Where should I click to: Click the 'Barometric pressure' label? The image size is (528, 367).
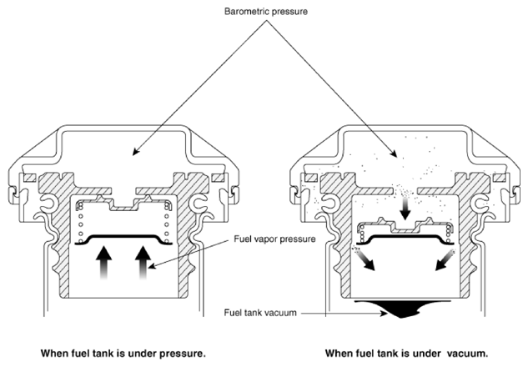click(266, 12)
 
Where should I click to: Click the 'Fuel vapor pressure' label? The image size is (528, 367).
click(274, 239)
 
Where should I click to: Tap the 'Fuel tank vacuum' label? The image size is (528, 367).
click(260, 313)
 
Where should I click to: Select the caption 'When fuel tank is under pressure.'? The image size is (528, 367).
click(123, 354)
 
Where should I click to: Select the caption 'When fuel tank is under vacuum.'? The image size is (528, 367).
click(406, 354)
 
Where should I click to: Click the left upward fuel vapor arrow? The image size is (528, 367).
click(103, 263)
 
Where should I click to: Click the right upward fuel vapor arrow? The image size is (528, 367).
click(143, 263)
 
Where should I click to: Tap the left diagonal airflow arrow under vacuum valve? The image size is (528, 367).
click(364, 259)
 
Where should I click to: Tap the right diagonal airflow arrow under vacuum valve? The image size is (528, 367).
click(445, 259)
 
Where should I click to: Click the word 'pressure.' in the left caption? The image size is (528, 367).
click(182, 354)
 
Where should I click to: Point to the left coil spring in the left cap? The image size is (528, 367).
click(80, 223)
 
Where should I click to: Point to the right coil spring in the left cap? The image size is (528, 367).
click(166, 223)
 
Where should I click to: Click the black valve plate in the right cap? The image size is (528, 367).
click(405, 237)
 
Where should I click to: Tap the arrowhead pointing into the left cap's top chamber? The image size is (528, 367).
click(135, 152)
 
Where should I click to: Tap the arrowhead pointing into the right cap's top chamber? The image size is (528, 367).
click(394, 153)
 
